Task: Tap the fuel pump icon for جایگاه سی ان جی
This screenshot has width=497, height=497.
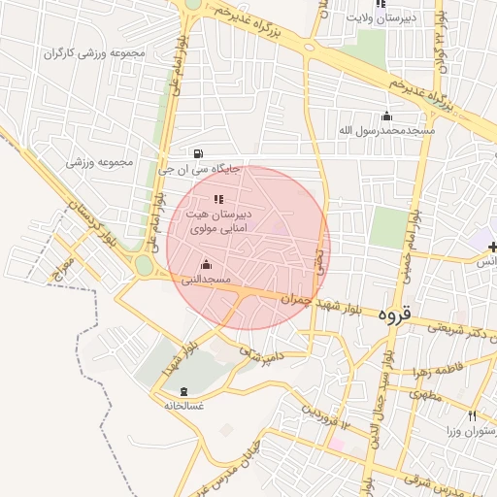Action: [199, 152]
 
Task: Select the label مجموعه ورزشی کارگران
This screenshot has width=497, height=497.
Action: [94, 51]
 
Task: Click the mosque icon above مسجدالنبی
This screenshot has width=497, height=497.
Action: [206, 264]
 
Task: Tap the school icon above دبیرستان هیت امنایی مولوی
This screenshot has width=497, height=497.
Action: [218, 199]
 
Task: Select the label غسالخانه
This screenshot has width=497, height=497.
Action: [183, 405]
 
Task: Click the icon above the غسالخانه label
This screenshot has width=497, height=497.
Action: [185, 391]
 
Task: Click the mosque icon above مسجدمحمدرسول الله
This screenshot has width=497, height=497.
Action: [387, 116]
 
